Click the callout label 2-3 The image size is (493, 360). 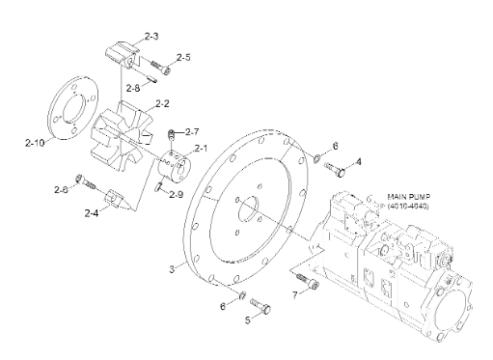click(151, 36)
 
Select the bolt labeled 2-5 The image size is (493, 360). click(160, 67)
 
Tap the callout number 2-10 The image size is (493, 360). click(35, 143)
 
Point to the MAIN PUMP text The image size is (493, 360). click(409, 197)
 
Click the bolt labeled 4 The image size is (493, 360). click(335, 169)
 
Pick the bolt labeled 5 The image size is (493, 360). click(260, 306)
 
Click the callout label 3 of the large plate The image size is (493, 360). click(172, 269)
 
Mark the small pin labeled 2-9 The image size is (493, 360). click(158, 186)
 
